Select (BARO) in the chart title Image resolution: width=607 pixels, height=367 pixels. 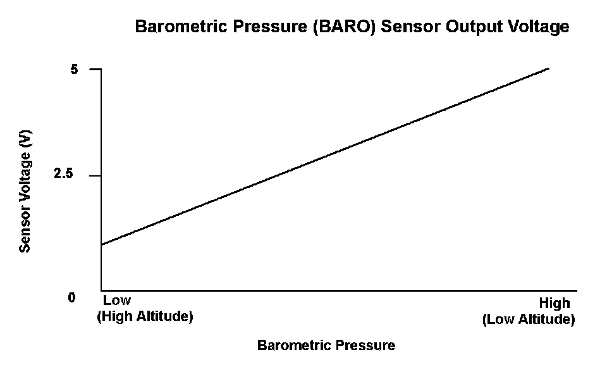click(x=345, y=27)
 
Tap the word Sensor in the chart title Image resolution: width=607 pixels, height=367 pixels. click(x=411, y=27)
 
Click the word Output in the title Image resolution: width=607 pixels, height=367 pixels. click(x=474, y=27)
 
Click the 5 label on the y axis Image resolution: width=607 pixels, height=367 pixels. click(x=74, y=70)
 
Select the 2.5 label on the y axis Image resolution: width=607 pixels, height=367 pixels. click(x=63, y=173)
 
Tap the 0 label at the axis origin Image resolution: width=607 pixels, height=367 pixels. click(x=71, y=297)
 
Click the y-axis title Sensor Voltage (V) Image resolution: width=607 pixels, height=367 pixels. click(x=25, y=192)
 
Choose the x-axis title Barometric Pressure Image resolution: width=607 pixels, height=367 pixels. click(x=326, y=345)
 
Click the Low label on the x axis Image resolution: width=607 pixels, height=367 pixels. click(x=117, y=300)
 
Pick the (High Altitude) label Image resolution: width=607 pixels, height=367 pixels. click(x=145, y=316)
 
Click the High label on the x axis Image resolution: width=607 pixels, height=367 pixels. click(x=555, y=302)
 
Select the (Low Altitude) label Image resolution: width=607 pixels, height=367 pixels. click(x=529, y=320)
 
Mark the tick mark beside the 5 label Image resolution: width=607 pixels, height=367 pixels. click(x=95, y=69)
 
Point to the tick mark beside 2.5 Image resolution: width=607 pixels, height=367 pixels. click(x=95, y=175)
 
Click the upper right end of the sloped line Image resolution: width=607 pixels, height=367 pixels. click(x=549, y=68)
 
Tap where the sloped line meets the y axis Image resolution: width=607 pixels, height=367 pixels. click(x=101, y=244)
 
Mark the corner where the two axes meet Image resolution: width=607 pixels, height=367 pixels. click(x=101, y=290)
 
